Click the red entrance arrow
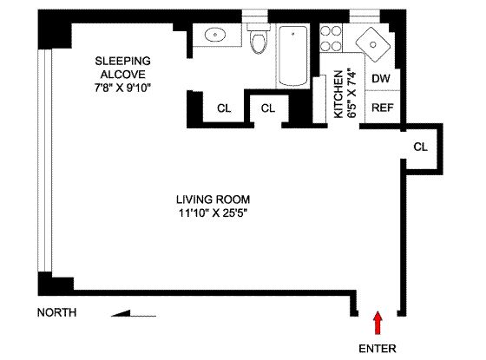point(378,323)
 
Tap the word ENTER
point(378,349)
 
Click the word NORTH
point(56,312)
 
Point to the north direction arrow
point(134,313)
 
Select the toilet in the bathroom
point(259,38)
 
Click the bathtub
point(293,56)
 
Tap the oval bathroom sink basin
point(215,35)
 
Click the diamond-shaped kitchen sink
point(373,44)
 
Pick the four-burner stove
point(331,38)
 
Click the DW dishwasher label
point(381,79)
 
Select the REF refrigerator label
point(383,108)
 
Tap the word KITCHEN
point(338,95)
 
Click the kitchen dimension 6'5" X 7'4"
point(351,93)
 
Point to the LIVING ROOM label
point(213,200)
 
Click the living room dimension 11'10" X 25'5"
point(213,213)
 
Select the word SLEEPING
point(122,61)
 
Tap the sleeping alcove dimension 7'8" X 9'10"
point(122,88)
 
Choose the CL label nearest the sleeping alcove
point(224,108)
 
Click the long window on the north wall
point(45,160)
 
